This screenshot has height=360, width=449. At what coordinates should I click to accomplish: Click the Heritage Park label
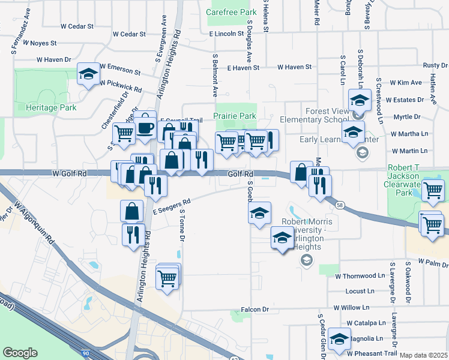[52, 107]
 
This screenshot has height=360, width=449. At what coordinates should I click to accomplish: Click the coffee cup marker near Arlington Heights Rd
[145, 127]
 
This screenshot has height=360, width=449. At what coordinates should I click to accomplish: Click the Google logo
[20, 352]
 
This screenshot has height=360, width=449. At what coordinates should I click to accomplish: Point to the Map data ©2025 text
[424, 355]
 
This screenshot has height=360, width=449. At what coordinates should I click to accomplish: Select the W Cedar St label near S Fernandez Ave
[77, 26]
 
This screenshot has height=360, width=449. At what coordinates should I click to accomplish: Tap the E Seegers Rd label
[172, 206]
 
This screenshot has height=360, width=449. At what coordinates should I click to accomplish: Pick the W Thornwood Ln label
[360, 276]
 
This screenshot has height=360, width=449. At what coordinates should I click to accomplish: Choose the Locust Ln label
[360, 291]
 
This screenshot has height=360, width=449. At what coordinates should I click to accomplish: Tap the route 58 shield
[339, 205]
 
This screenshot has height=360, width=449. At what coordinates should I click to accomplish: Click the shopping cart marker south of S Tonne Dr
[167, 277]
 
